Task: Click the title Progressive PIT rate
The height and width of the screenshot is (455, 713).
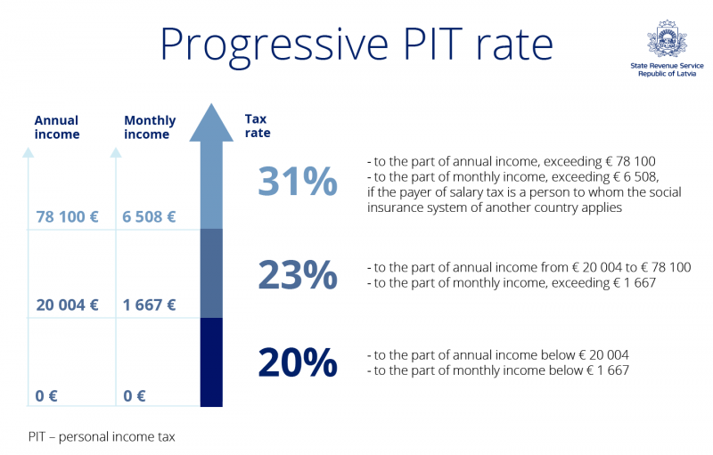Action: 356,44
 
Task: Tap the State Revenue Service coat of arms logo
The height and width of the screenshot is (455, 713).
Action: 666,40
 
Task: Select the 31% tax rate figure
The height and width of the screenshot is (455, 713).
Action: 297,182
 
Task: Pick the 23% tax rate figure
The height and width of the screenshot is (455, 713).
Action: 297,275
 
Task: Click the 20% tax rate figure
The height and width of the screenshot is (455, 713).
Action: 297,362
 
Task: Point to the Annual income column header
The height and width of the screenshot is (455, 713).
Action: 57,127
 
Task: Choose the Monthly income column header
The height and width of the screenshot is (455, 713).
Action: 150,127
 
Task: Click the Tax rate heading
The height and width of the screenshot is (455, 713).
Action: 258,126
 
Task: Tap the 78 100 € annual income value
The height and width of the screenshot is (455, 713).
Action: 68,216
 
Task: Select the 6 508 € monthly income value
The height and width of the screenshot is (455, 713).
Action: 150,216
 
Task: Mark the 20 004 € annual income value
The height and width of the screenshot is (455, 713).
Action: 68,305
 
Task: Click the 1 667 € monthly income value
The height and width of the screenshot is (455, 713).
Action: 150,305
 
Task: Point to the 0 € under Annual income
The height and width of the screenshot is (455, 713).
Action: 47,396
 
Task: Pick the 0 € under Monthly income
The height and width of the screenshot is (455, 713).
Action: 135,396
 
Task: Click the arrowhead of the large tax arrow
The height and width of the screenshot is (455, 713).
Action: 211,125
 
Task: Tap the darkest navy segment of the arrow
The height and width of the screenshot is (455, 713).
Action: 211,362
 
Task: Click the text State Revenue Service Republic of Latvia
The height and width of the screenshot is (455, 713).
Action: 666,69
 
